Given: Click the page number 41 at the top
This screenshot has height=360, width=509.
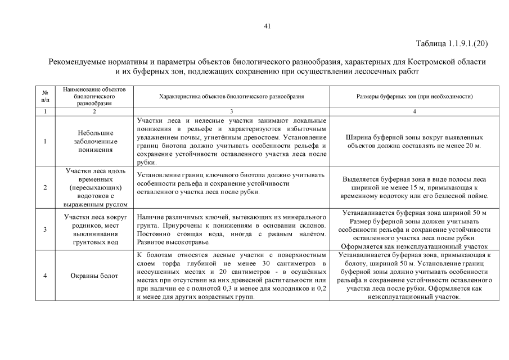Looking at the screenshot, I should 267,25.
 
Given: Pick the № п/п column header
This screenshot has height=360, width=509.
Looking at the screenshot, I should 45,96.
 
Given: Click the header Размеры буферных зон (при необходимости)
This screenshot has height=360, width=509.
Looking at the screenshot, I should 415,96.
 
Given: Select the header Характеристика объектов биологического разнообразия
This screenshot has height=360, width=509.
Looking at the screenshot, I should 232,96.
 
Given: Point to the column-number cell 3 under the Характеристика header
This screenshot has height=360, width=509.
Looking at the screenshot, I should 232,111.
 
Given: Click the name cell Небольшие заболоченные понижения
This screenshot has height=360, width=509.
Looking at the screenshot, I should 95,141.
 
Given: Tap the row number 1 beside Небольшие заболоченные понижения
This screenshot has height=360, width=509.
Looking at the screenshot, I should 45,141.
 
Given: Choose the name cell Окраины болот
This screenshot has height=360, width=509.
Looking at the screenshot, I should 95,276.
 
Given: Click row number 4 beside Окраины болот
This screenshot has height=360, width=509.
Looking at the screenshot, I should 45,276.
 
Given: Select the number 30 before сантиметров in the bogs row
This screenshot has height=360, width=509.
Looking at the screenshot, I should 266,263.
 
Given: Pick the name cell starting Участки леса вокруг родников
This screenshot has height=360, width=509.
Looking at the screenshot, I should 95,229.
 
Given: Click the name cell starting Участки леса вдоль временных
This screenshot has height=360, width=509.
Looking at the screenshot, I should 95,187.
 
